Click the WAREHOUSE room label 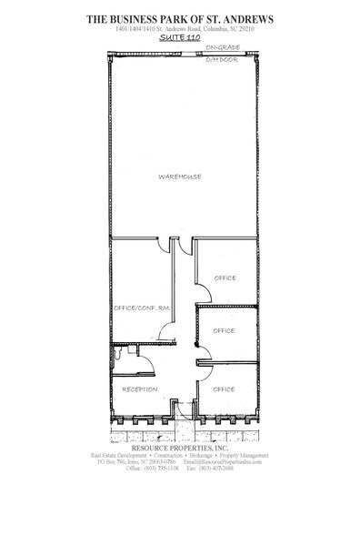click(x=179, y=177)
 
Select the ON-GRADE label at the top click(x=223, y=46)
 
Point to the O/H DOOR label click(x=223, y=59)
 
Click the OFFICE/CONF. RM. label click(x=142, y=308)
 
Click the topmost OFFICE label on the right click(x=225, y=278)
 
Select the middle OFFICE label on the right click(x=224, y=331)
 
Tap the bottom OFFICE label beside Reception click(x=224, y=389)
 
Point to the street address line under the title click(x=179, y=29)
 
